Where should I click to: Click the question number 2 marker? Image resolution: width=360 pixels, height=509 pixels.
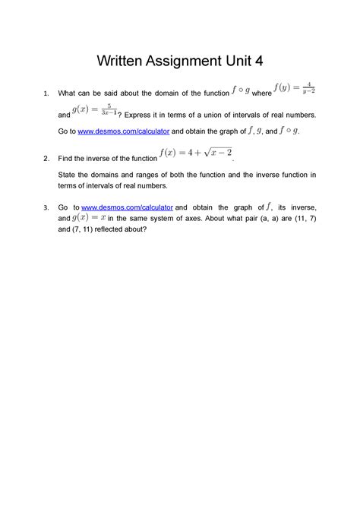pyautogui.click(x=46, y=158)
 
